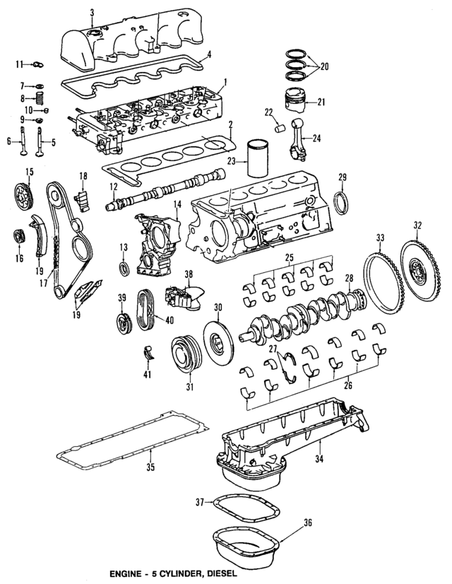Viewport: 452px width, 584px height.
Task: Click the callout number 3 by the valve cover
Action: point(92,12)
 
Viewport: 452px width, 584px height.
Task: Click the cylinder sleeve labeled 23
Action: point(258,160)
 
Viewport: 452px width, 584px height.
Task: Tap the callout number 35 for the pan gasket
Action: point(150,467)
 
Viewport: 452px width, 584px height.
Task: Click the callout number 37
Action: point(200,501)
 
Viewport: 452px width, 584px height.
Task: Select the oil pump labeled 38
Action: point(181,297)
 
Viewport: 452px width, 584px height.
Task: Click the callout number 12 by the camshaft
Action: point(113,187)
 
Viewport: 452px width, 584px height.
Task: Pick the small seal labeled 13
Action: point(124,269)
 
